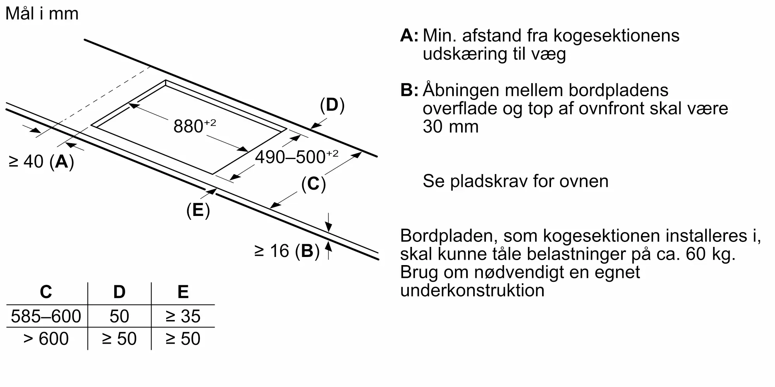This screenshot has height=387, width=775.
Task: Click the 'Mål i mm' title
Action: (x=42, y=14)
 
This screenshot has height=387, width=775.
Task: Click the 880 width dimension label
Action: (x=194, y=126)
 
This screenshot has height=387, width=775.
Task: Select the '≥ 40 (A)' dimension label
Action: (x=41, y=161)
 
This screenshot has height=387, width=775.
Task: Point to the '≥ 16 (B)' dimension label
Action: (x=287, y=251)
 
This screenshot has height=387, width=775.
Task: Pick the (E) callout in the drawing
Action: (x=198, y=210)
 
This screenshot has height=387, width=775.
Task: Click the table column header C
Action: (x=46, y=292)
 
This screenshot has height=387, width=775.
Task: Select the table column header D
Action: (x=119, y=292)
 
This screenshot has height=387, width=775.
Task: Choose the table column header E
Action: (x=183, y=292)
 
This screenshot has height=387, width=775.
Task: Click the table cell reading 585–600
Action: (x=46, y=316)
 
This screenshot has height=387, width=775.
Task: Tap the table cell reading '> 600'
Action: (x=46, y=339)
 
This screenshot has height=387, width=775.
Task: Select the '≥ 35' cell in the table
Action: (x=183, y=316)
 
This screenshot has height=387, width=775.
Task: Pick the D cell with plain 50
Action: (x=119, y=316)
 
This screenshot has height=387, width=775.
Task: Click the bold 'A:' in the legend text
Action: (x=409, y=36)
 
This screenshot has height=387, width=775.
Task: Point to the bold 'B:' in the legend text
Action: (x=409, y=90)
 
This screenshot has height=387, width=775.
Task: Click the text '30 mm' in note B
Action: (x=450, y=127)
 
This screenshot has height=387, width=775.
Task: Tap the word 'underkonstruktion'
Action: (x=472, y=290)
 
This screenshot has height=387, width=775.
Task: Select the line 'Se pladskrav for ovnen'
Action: (x=515, y=181)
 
